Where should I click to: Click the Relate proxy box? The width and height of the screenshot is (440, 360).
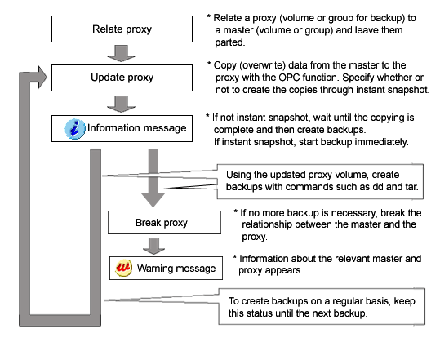pyautogui.click(x=122, y=29)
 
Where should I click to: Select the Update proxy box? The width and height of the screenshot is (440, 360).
pyautogui.click(x=122, y=78)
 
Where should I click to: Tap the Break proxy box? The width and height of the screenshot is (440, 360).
pyautogui.click(x=164, y=223)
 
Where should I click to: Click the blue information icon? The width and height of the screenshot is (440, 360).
pyautogui.click(x=74, y=129)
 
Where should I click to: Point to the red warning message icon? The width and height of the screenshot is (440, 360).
pyautogui.click(x=124, y=268)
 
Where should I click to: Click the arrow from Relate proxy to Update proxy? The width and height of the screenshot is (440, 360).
pyautogui.click(x=121, y=53)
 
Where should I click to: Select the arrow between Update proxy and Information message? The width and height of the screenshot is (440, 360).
pyautogui.click(x=121, y=104)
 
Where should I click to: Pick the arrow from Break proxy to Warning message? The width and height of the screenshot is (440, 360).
pyautogui.click(x=153, y=246)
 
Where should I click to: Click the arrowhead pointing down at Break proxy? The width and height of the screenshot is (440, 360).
pyautogui.click(x=153, y=200)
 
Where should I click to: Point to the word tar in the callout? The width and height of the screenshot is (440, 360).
pyautogui.click(x=411, y=187)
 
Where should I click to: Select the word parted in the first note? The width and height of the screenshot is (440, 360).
pyautogui.click(x=230, y=42)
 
